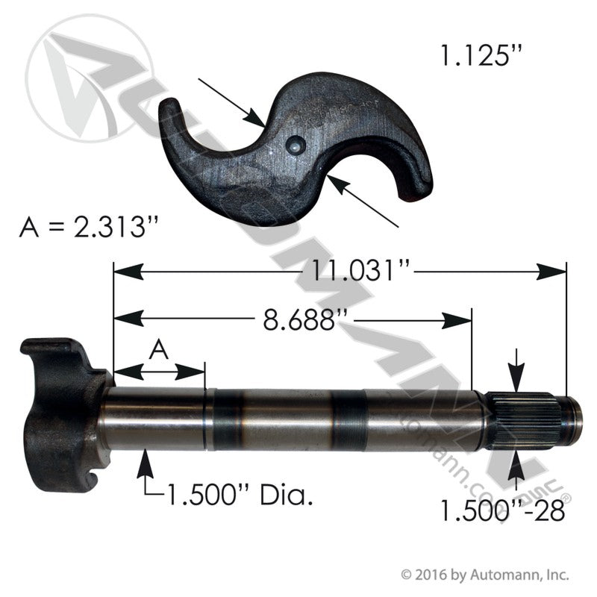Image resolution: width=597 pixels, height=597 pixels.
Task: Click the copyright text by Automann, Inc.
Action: point(486,575)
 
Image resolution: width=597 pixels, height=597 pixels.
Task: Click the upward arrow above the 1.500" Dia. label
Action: point(145,466)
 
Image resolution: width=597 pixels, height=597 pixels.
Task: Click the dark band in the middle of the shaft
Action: point(348,419)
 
